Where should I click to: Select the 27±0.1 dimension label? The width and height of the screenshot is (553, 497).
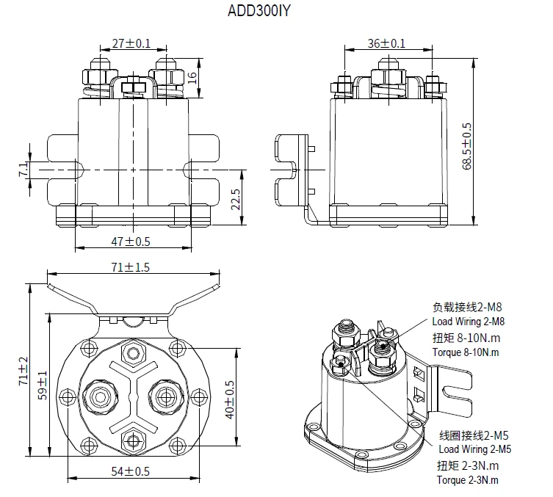click(131, 43)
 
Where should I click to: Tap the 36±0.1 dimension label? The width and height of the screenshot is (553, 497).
click(386, 43)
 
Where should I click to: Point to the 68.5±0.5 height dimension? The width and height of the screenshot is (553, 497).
click(467, 146)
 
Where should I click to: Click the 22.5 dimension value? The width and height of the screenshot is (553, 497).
click(236, 198)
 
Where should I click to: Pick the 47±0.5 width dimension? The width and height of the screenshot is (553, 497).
click(131, 242)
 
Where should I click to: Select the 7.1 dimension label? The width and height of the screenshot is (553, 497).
click(23, 170)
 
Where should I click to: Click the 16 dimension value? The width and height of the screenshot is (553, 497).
click(193, 76)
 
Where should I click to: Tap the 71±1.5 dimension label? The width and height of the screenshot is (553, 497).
click(130, 267)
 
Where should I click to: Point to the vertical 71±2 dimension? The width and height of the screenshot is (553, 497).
click(23, 370)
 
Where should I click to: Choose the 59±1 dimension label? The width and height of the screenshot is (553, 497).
click(43, 382)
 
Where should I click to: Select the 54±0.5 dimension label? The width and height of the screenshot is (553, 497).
click(130, 471)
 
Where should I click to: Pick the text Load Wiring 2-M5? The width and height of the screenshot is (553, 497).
click(474, 449)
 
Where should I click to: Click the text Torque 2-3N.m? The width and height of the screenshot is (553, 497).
click(467, 480)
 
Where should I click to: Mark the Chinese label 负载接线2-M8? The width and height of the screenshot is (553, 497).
click(466, 307)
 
